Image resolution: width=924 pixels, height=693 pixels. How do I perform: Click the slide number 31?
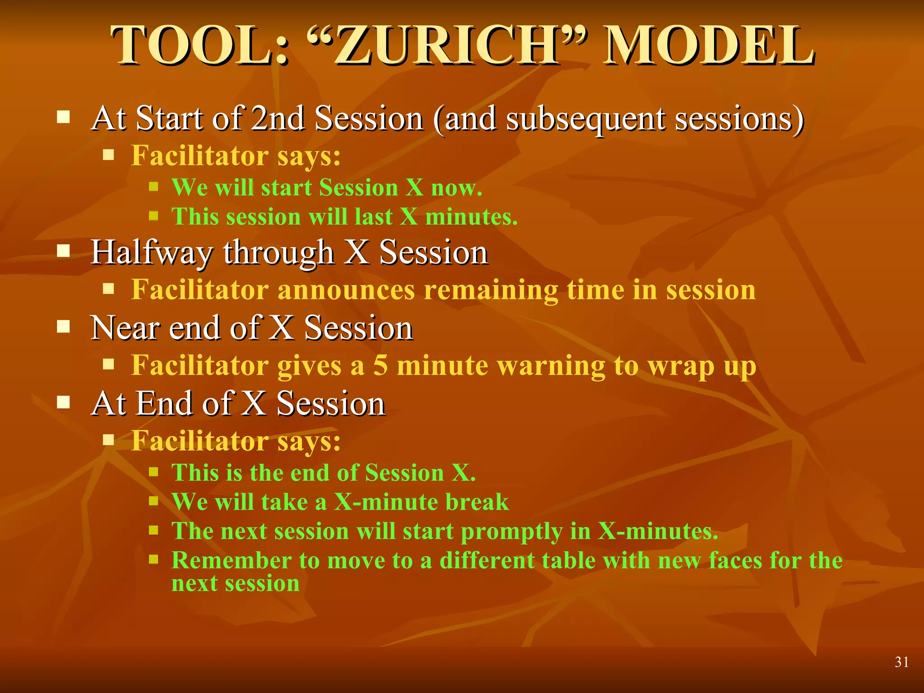tap(901, 662)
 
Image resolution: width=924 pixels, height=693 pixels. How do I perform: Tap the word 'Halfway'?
tap(151, 253)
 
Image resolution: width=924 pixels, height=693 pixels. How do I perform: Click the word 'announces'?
tap(346, 290)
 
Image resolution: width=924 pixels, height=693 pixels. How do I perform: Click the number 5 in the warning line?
tap(380, 365)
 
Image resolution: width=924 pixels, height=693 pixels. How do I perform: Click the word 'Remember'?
tap(231, 560)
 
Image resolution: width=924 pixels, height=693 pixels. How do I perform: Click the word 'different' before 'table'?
tap(486, 560)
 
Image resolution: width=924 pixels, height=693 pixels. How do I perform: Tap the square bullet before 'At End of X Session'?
tap(64, 402)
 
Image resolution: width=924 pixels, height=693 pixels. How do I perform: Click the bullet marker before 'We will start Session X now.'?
tap(154, 186)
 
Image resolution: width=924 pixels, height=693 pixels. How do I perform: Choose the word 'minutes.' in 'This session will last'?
tap(471, 217)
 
